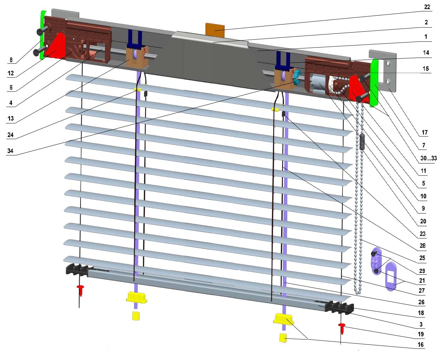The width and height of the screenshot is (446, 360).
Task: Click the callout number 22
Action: tap(427, 7)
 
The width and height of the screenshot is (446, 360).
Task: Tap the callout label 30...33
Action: tap(429, 158)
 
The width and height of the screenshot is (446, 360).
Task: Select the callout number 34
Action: tap(10, 151)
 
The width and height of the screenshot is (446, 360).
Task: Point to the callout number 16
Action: tap(421, 345)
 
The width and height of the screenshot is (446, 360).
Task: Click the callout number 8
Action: tap(11, 60)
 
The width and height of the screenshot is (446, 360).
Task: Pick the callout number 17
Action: tap(424, 132)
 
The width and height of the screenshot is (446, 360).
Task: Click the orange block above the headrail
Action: tap(215, 30)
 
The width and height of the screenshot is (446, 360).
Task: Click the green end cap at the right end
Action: tap(375, 83)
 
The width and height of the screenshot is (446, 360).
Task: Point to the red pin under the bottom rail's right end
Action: tap(342, 328)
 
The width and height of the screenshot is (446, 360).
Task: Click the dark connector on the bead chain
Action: tap(362, 142)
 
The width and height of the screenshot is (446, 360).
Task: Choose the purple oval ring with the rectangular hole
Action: tap(391, 277)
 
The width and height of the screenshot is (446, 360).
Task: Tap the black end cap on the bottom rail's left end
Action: tap(77, 270)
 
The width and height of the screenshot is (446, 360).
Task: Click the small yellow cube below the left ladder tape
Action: tap(136, 315)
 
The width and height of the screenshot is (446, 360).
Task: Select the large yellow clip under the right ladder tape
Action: tap(283, 319)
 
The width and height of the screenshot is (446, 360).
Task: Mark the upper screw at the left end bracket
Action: tap(42, 31)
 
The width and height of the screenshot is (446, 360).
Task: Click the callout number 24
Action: tap(10, 135)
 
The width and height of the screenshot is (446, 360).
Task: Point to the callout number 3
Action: tap(421, 324)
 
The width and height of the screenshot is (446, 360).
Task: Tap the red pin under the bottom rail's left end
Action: tap(81, 290)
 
